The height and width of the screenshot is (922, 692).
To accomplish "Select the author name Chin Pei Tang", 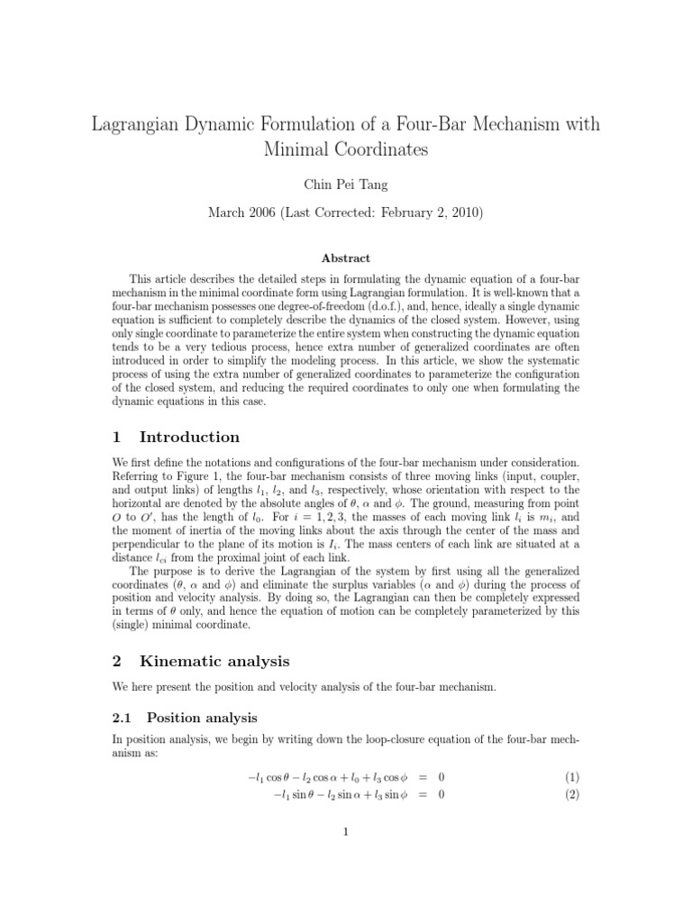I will tap(346, 185).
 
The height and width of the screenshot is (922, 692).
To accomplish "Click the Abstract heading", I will tap(346, 258).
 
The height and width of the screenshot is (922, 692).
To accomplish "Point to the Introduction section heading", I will tap(189, 437).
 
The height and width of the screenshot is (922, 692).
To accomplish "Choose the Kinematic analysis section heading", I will tap(214, 661).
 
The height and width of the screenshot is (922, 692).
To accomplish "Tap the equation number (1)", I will tap(571, 776).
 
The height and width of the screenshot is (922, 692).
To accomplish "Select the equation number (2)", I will tap(571, 794).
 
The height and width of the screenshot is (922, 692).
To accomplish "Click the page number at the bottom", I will tap(346, 832).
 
